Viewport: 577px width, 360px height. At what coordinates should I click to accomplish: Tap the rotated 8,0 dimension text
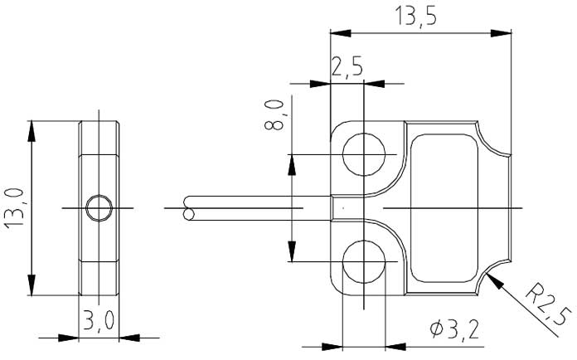coord(276,114)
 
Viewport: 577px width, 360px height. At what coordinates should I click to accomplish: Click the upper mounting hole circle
coord(365,154)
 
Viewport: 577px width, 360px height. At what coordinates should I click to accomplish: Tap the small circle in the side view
coord(99,207)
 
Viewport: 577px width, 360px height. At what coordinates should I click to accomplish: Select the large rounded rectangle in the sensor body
coord(444,207)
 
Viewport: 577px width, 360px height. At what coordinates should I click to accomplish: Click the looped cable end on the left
coord(190,208)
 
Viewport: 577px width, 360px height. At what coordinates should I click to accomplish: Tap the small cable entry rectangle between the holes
coord(339,208)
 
